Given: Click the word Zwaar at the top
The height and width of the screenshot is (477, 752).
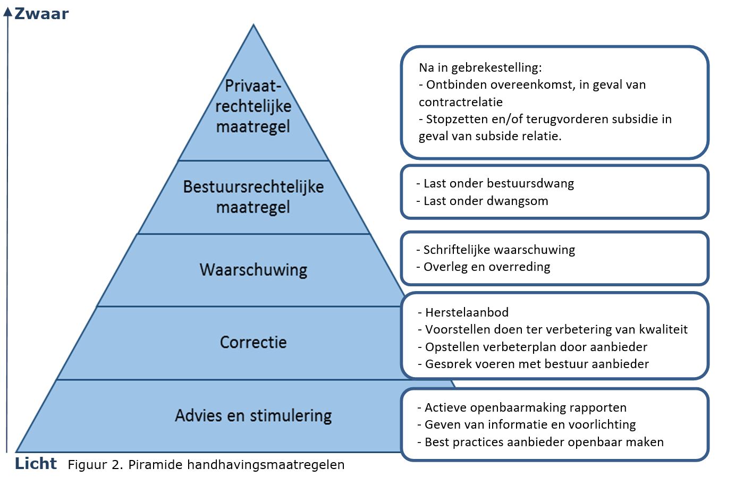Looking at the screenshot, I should [41, 13].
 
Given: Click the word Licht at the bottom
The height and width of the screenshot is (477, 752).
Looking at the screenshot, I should [36, 463].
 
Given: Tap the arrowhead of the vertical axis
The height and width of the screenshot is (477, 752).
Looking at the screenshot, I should [7, 12].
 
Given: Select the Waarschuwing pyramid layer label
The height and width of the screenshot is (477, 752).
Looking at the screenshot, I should [253, 269].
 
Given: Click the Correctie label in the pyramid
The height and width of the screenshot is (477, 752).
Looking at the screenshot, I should [253, 342].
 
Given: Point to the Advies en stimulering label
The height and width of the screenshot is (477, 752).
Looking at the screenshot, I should [253, 415].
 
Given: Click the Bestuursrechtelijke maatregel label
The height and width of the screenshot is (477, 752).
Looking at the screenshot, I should [253, 197].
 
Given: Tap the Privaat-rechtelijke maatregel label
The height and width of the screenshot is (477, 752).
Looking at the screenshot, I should [253, 106].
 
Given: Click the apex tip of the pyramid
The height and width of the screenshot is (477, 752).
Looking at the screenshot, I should [254, 25].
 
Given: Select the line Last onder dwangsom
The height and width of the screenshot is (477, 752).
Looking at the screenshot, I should [485, 201].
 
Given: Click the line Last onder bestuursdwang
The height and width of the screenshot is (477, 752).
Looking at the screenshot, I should [498, 184].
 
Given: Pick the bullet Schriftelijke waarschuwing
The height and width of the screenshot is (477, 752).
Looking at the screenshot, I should [498, 250].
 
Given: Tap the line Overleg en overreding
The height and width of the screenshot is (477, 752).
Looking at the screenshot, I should [486, 267].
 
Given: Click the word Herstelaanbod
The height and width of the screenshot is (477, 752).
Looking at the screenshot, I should [467, 312].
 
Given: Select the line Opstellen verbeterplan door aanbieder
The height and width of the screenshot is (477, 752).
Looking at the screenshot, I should [536, 347].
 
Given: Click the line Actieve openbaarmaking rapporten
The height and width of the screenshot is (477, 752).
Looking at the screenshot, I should [525, 407].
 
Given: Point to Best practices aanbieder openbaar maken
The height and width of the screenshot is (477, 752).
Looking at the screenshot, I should [544, 442].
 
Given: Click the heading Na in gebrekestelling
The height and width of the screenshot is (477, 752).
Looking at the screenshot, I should [480, 67].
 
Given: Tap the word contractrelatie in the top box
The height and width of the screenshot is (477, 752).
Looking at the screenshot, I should [460, 102].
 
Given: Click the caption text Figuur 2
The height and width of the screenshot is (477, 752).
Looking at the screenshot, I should [96, 465].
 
